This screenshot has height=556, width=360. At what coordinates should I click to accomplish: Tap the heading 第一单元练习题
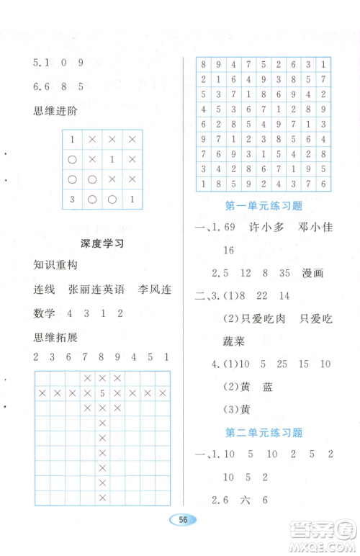click(x=264, y=207)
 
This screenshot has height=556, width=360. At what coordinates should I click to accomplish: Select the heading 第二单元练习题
click(x=264, y=433)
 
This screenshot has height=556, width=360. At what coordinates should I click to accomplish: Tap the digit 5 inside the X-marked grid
click(x=103, y=393)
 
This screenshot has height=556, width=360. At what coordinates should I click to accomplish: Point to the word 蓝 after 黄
click(x=268, y=387)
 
